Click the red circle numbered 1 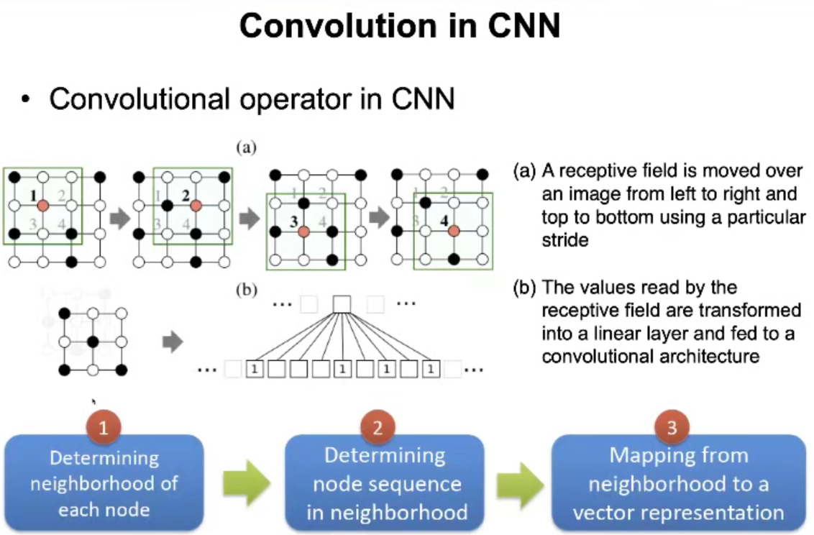coord(104,427)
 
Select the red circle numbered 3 coord(672,427)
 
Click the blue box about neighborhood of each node coord(104,483)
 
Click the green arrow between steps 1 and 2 coord(245,483)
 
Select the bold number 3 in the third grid coord(293,221)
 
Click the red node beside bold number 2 coord(195,206)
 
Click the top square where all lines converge coord(342,305)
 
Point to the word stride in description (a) coord(565,239)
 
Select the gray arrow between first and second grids coord(119,219)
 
